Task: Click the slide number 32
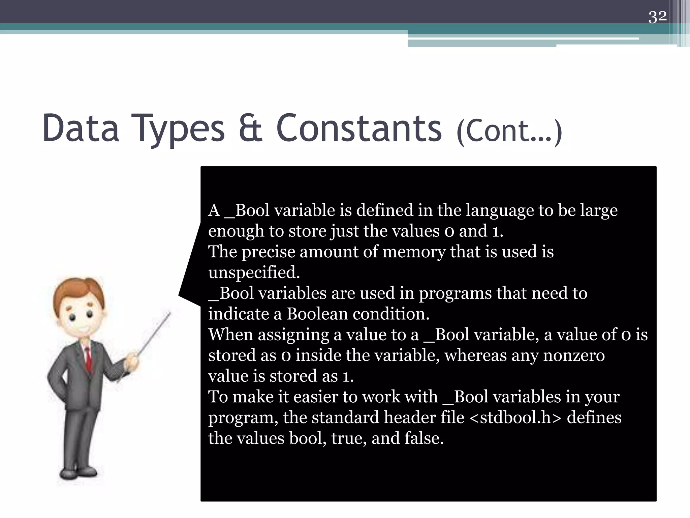[x=657, y=17]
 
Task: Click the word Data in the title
[x=81, y=128]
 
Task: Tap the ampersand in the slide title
[x=250, y=128]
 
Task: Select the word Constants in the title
[x=358, y=128]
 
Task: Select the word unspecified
[x=254, y=272]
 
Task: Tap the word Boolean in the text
[x=317, y=314]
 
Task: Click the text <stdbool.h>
[x=515, y=418]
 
